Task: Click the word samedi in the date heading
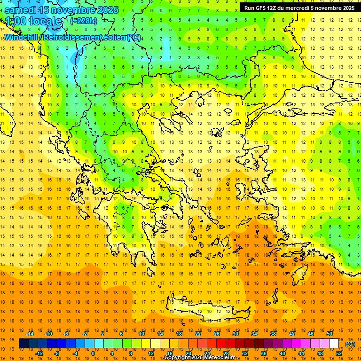click(x=20, y=10)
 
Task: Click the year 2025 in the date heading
click(x=105, y=10)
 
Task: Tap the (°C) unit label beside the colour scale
click(x=350, y=344)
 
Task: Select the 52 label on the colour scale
click(x=338, y=353)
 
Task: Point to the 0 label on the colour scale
click(x=93, y=353)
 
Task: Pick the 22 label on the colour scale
click(x=198, y=334)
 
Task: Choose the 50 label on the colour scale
click(x=330, y=334)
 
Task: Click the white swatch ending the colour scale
click(x=334, y=344)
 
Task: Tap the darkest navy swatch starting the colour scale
click(x=24, y=344)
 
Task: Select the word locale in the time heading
click(x=45, y=21)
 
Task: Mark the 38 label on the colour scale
click(x=273, y=334)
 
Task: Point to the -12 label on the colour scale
click(x=39, y=353)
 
